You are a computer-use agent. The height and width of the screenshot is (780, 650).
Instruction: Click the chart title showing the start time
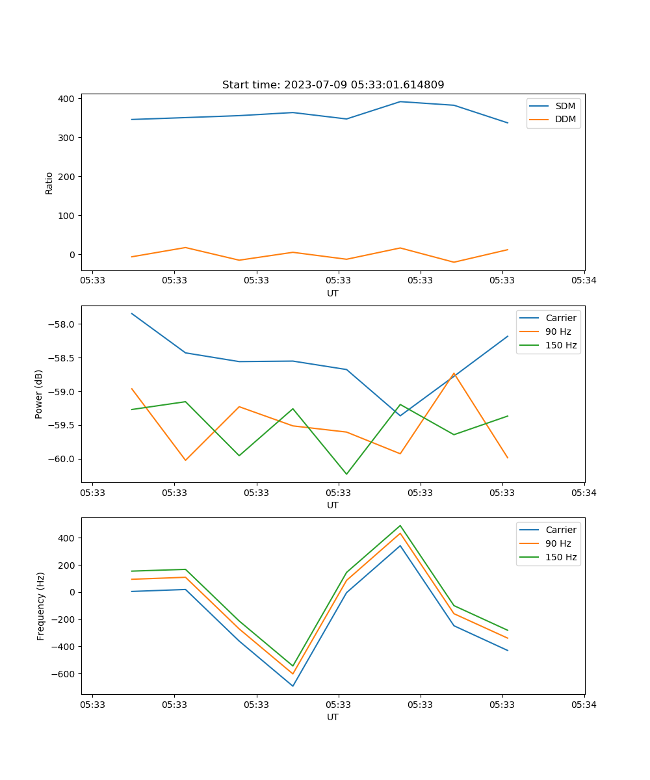[333, 85]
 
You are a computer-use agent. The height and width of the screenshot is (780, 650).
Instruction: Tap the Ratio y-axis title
[49, 183]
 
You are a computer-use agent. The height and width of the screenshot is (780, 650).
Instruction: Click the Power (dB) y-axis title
[40, 394]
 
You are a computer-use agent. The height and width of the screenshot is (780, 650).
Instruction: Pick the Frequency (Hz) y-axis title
[41, 606]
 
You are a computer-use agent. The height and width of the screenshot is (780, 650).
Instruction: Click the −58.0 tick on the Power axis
[62, 324]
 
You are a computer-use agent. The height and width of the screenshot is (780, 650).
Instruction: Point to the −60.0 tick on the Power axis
[62, 459]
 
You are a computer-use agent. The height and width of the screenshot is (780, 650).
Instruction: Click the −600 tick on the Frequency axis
[62, 673]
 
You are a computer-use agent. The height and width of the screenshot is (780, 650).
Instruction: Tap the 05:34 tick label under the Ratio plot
[584, 281]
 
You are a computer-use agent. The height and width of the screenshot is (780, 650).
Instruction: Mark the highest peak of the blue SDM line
[400, 101]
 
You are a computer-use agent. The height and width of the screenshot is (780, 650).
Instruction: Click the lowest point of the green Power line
[346, 474]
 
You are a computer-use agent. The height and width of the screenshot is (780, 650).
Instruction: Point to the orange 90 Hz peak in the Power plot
[454, 373]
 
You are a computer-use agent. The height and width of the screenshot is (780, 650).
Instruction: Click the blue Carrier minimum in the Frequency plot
[293, 686]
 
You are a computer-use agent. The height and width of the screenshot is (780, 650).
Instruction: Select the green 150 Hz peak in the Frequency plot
[400, 526]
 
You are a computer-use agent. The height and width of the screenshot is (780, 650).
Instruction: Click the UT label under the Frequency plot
[333, 717]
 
